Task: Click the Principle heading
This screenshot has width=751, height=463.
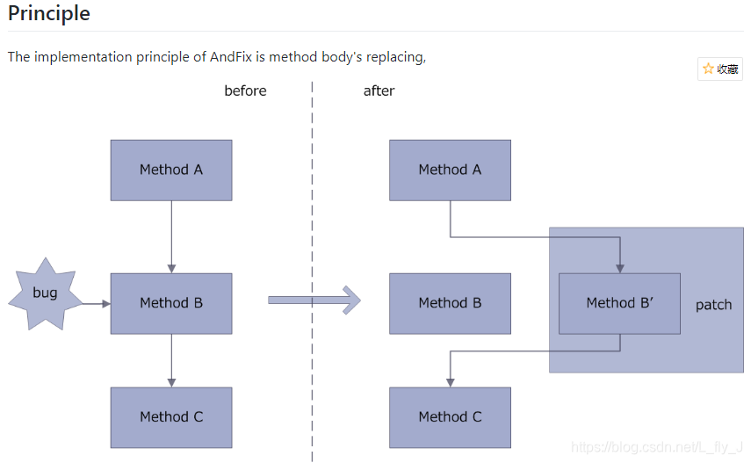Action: [49, 15]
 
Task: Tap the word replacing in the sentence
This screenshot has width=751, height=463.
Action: [396, 57]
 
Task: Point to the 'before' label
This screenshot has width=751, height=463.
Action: [245, 90]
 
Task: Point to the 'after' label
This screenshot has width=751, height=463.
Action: [379, 90]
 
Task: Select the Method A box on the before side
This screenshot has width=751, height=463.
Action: [171, 170]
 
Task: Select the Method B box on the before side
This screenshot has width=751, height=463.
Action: [171, 303]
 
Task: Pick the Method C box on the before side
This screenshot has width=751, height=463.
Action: [171, 417]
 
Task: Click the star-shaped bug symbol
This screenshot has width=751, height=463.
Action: [45, 293]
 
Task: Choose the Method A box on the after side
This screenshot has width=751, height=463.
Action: [450, 170]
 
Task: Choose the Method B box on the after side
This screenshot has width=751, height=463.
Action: [450, 303]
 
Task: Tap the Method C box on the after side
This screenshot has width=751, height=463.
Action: [450, 417]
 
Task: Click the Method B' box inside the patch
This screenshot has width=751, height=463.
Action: [619, 303]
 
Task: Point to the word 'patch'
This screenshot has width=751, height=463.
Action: [713, 305]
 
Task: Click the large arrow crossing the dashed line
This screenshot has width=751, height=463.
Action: [314, 300]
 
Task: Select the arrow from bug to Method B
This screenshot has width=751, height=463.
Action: [96, 303]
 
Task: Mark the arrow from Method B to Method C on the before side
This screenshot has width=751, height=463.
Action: [171, 360]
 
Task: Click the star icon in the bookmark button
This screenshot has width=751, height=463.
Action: [708, 69]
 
